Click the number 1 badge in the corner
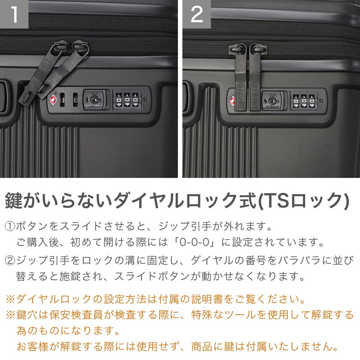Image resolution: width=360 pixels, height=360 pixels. click(x=14, y=14)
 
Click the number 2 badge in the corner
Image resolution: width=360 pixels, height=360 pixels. click(x=197, y=14)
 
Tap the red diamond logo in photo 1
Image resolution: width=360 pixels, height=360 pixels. click(x=53, y=100)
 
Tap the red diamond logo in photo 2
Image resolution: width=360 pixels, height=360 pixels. click(x=232, y=101)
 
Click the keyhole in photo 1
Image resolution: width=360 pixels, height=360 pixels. click(x=94, y=100)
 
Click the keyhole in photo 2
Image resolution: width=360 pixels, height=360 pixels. click(x=272, y=101)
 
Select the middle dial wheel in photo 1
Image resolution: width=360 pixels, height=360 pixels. click(x=127, y=100)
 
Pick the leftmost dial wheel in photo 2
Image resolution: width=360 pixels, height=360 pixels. click(x=296, y=101)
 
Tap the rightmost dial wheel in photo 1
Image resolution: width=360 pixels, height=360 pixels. click(x=136, y=100)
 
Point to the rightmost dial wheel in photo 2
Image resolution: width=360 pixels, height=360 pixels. click(x=312, y=101)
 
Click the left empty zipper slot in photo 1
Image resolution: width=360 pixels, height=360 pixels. click(x=62, y=100)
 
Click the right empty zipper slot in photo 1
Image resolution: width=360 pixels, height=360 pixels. click(x=75, y=100)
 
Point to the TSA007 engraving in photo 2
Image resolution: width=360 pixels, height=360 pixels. click(x=273, y=107)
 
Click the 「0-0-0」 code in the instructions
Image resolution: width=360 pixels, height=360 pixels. click(x=195, y=242)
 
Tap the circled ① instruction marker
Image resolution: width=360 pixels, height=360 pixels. click(x=10, y=226)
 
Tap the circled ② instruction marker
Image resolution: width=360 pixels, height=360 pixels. click(x=10, y=260)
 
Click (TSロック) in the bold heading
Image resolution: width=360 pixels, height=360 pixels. click(x=303, y=201)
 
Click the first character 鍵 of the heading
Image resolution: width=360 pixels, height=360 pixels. click(x=14, y=201)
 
